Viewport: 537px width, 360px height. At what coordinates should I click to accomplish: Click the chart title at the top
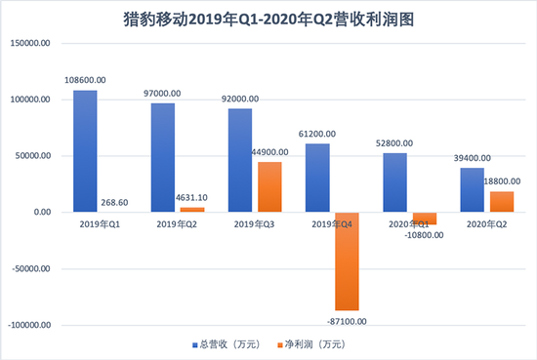tap(268, 18)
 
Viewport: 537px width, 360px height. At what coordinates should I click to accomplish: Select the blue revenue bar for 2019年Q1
tap(85, 151)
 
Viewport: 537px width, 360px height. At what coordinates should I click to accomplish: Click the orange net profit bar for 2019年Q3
tap(269, 187)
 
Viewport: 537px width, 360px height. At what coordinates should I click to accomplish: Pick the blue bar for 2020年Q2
tap(474, 190)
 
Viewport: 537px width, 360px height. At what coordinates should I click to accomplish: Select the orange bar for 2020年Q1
tap(424, 219)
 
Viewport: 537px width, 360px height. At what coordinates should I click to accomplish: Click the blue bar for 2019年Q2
tap(163, 158)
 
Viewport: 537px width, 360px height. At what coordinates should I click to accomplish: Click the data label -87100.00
tap(349, 318)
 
